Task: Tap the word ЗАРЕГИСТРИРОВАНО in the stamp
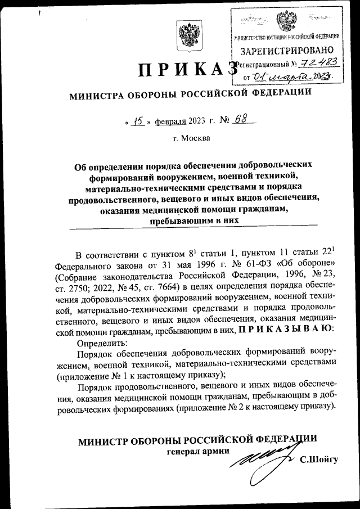[286, 52]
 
